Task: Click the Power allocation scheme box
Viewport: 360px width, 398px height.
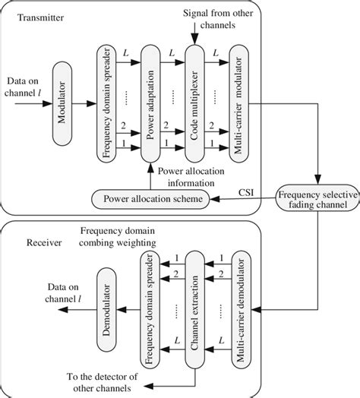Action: point(150,199)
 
